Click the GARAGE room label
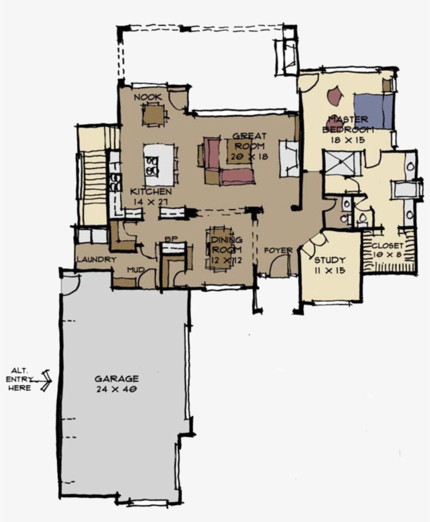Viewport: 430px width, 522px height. point(116,378)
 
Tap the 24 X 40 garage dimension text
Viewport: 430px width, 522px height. point(116,389)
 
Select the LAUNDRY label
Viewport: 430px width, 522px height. point(95,259)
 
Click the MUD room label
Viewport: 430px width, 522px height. point(135,270)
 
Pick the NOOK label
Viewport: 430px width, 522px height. point(147,97)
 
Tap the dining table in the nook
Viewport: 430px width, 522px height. point(154,114)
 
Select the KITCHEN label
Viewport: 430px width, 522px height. point(150,192)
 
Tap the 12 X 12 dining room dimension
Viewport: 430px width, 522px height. point(227,259)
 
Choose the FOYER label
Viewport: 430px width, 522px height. point(278,251)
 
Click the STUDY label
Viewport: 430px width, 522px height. point(330,260)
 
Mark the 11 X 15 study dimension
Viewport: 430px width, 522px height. point(330,270)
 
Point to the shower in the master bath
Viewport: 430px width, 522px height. point(341,162)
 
